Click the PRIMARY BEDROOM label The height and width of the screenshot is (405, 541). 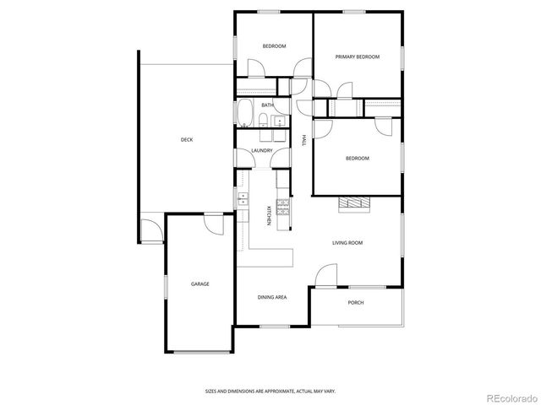(357, 57)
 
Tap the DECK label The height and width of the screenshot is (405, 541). (187, 140)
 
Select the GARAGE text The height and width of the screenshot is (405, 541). (199, 283)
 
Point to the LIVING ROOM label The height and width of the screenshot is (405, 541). (347, 243)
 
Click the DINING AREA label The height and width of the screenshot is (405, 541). (272, 298)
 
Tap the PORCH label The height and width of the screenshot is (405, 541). (356, 302)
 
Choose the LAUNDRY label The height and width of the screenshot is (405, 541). (261, 151)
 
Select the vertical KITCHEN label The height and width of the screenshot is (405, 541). (269, 215)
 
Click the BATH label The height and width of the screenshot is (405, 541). (267, 105)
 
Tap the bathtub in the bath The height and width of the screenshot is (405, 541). (245, 112)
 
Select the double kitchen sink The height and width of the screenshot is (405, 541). (243, 199)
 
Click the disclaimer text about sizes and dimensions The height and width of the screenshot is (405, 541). (270, 391)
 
